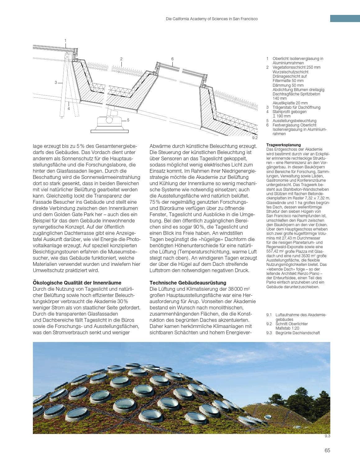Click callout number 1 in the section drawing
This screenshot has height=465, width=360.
point(65,40)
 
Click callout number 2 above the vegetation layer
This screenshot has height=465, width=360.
point(121,59)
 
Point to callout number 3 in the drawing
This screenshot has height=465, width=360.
point(56,82)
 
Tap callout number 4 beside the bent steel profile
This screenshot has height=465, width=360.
point(69,108)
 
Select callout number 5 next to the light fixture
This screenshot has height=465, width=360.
point(128,120)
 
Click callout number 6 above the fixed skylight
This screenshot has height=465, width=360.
point(172,59)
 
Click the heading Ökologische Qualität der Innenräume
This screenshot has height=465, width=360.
point(77,283)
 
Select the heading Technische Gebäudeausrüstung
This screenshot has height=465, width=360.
point(188,283)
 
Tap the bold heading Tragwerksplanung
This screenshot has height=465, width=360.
point(284,145)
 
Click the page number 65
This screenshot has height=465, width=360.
point(327,451)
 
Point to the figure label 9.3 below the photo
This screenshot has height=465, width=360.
point(327,436)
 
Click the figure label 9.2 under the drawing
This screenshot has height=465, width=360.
point(255,138)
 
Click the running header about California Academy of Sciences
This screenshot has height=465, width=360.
point(212,19)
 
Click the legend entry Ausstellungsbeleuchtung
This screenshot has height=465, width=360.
point(294,121)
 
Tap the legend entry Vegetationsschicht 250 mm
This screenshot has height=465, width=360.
point(296,67)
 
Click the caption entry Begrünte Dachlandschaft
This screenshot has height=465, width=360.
point(297,333)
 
